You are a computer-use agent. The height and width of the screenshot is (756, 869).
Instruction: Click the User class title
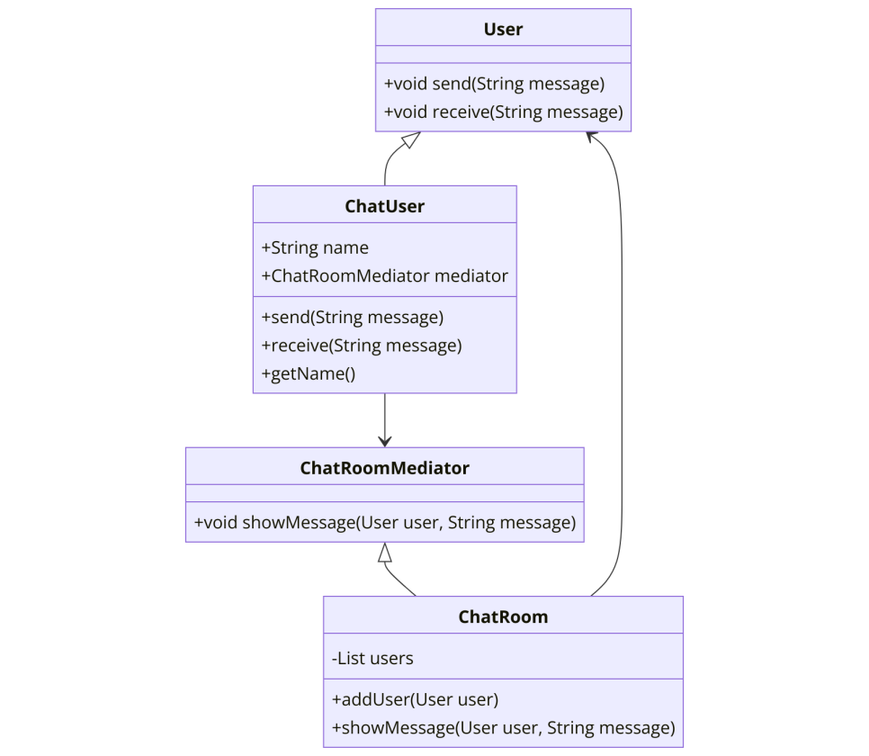point(503,29)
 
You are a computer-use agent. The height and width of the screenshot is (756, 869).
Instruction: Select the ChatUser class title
point(385,206)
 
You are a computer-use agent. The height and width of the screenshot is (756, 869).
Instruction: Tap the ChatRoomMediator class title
point(385,468)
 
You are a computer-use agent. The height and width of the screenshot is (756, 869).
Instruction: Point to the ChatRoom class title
point(503,616)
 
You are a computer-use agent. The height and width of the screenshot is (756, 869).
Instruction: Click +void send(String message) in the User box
point(495,84)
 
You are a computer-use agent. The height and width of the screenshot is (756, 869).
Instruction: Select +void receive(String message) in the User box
point(503,112)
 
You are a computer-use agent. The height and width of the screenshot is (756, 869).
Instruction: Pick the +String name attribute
point(315,247)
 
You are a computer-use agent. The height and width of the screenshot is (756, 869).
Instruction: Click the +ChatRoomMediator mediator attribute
point(385,276)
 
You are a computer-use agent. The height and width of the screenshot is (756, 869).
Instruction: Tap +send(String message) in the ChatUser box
point(353,318)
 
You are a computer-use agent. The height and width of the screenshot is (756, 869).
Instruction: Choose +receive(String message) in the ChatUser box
point(362,346)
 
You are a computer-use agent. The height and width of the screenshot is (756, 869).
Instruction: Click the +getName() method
point(309,373)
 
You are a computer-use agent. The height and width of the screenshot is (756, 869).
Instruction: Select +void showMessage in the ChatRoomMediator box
point(275,523)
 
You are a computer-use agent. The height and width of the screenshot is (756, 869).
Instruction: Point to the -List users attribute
point(372,659)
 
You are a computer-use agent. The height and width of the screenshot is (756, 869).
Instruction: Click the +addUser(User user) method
point(415,699)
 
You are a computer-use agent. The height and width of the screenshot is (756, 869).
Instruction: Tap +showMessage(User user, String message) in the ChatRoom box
point(503,728)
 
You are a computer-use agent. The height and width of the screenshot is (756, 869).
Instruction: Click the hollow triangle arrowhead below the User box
point(411,139)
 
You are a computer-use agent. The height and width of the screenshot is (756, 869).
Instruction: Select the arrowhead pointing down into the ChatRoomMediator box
point(385,442)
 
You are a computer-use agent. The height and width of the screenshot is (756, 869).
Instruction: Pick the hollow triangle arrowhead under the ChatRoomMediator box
point(385,553)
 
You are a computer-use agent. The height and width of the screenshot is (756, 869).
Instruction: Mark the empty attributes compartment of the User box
point(503,54)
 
